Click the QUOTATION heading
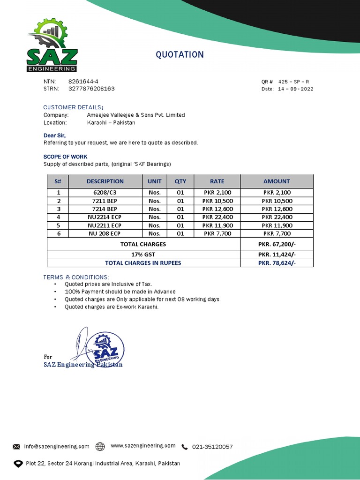coord(180,55)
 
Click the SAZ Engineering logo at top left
coord(52,46)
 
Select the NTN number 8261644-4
coord(83,82)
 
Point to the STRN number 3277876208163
coord(91,89)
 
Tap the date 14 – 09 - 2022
coord(295,89)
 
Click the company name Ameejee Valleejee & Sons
coord(136,115)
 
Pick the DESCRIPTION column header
coord(105,181)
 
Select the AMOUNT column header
coord(277,181)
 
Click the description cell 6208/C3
coord(105,193)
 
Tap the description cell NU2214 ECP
coord(105,217)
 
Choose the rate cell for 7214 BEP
coord(217,209)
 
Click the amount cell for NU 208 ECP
coord(277,233)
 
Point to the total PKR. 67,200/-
coord(277,244)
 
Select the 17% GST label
coord(143,255)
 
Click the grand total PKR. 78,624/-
coord(277,263)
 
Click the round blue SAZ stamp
coord(108,350)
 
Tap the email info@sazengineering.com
coord(57,447)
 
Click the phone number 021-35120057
coord(212,447)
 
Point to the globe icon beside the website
coord(100,447)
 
